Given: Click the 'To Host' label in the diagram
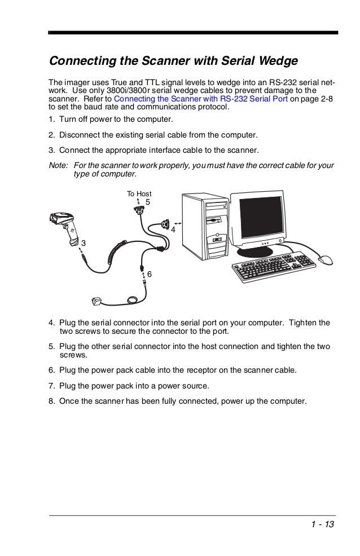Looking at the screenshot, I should click(x=139, y=194).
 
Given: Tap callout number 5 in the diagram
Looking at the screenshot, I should click(x=148, y=202).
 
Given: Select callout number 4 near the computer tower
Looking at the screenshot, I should click(x=173, y=230).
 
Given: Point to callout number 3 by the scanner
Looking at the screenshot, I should click(x=84, y=242).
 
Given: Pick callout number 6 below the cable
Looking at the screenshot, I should click(x=150, y=274).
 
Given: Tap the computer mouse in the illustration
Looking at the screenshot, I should click(x=326, y=261).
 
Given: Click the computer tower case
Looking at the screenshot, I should click(x=206, y=226).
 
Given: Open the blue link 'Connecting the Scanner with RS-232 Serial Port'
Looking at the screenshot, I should click(x=201, y=99).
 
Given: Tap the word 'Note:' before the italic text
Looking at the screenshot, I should click(x=59, y=165).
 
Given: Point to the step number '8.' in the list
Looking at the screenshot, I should click(x=51, y=401).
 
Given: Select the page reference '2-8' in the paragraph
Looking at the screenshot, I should click(x=326, y=99).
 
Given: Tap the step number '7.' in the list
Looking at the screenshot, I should click(x=51, y=386).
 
